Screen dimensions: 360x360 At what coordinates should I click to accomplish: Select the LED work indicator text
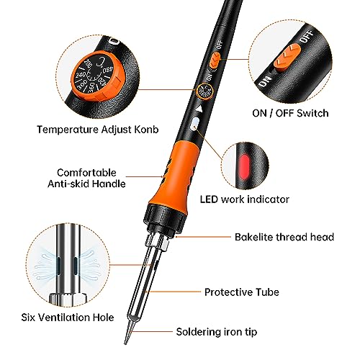(284, 199)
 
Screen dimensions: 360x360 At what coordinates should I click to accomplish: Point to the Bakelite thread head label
(293, 236)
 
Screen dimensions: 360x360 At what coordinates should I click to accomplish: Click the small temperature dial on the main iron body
(204, 93)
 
